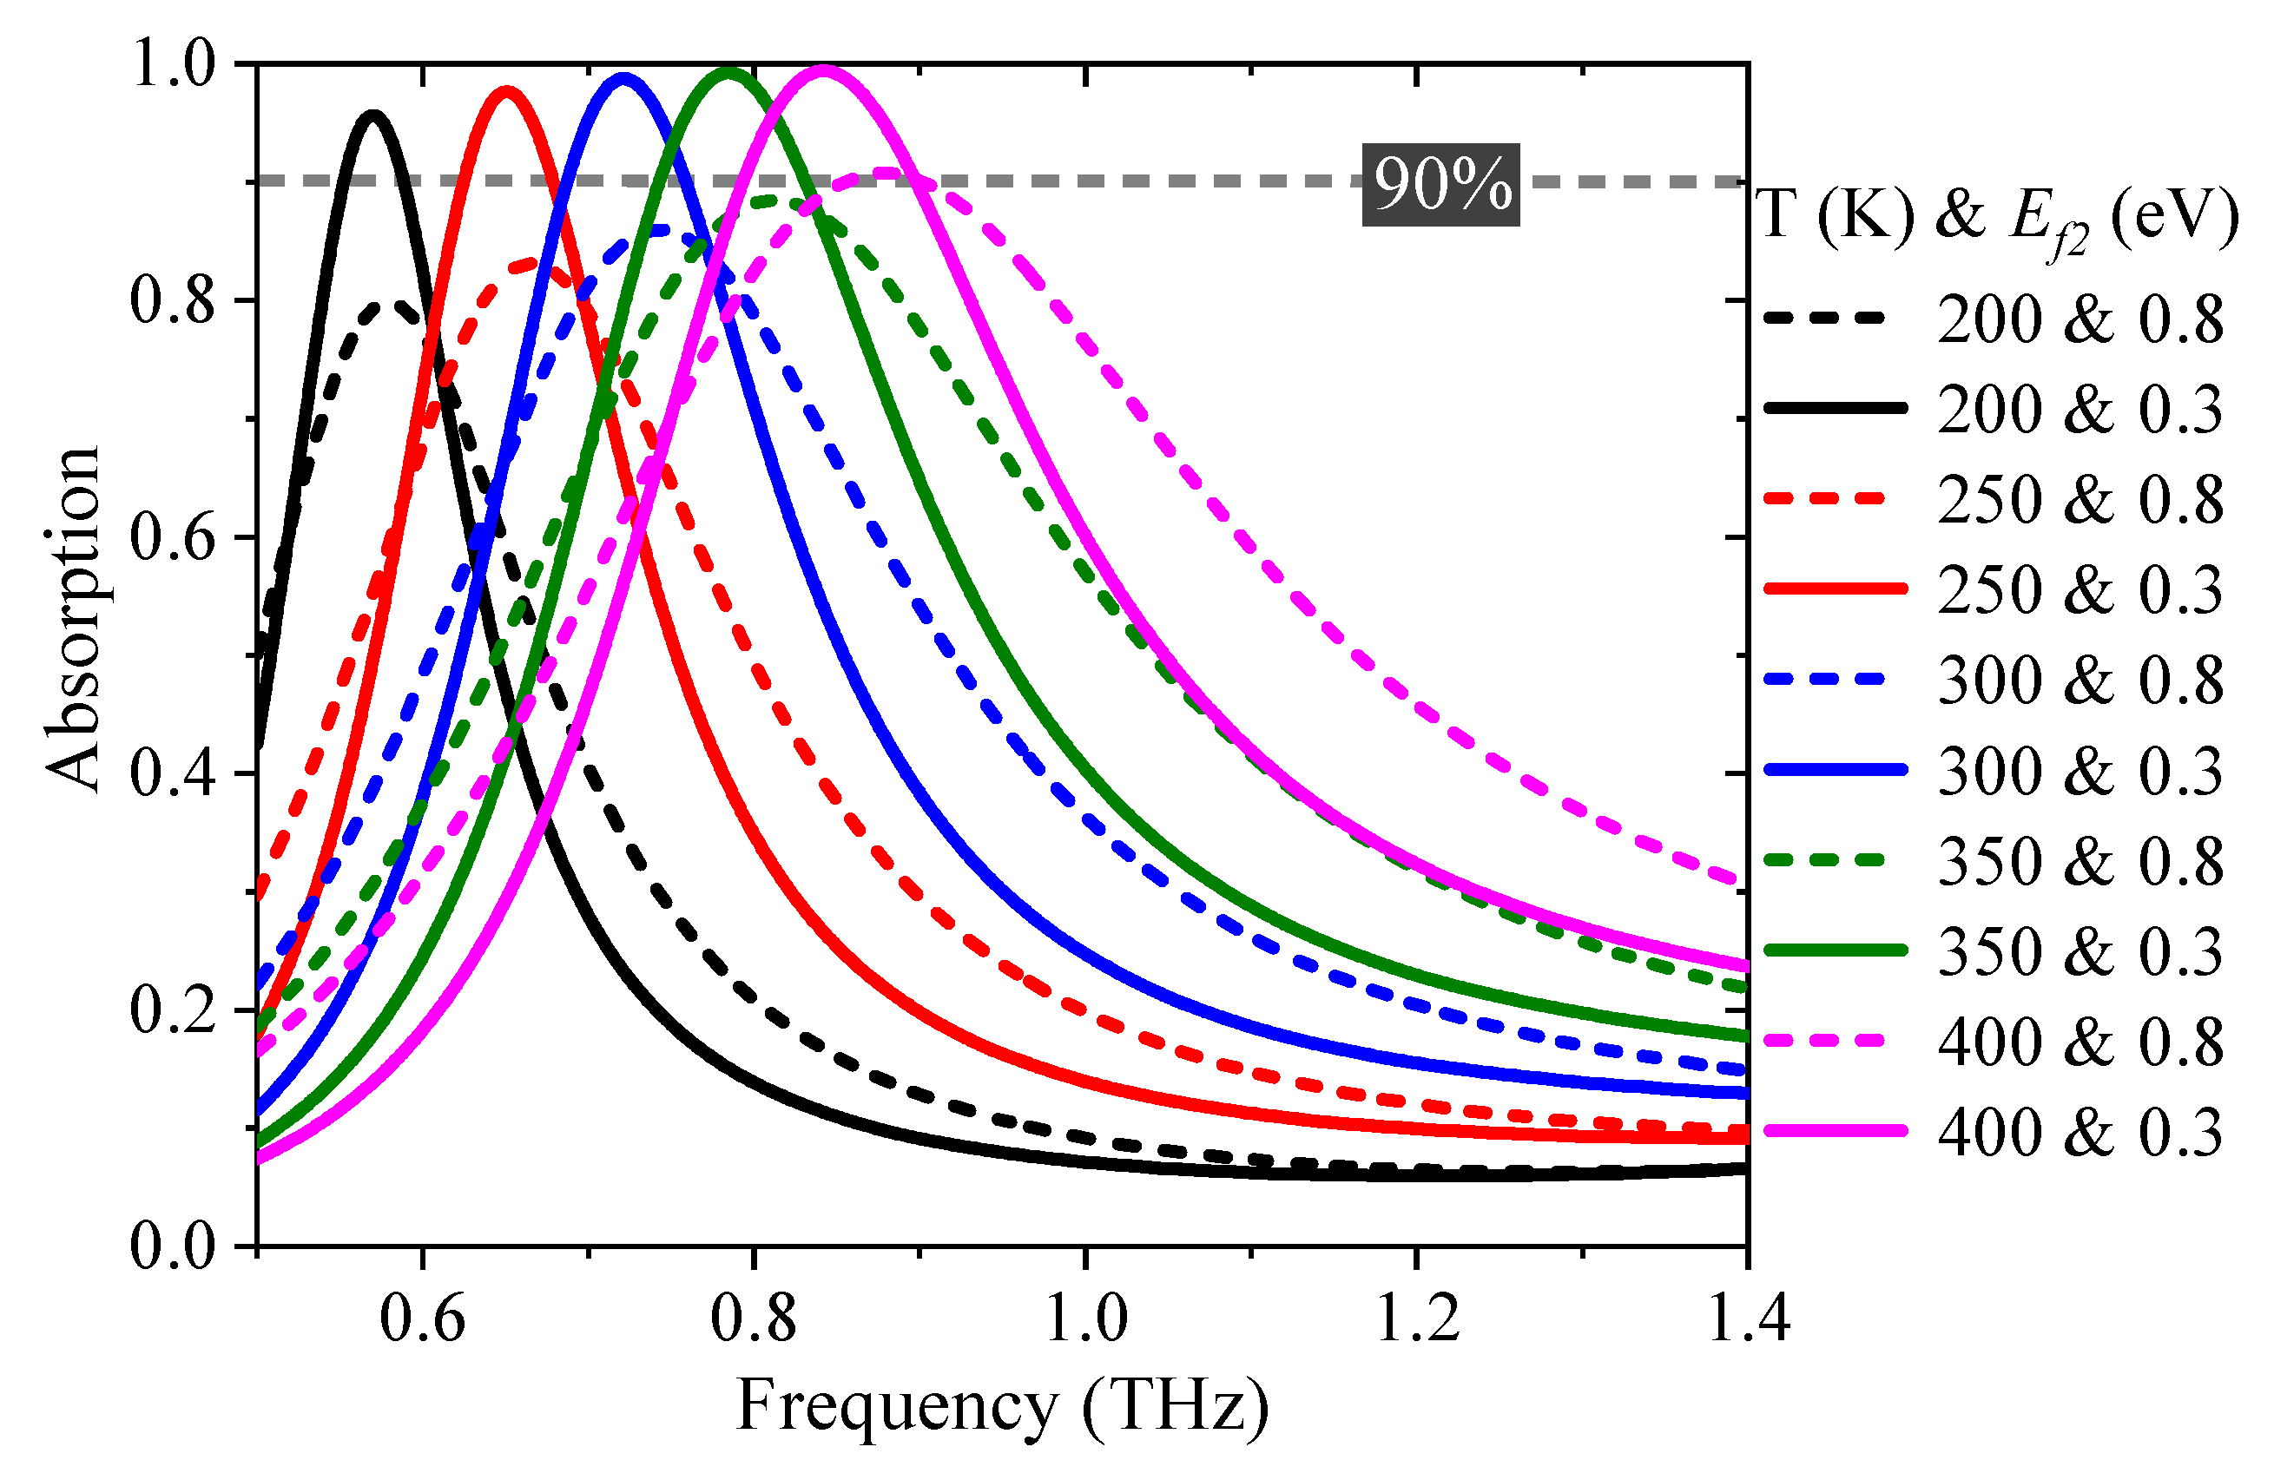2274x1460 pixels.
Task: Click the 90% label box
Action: tap(1440, 185)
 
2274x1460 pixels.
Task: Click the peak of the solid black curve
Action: tap(373, 115)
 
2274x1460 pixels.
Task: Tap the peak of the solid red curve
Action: tap(507, 92)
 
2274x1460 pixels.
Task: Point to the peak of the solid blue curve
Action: tap(623, 78)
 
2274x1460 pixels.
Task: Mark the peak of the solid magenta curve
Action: tap(824, 69)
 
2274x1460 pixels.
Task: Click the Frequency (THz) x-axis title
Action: tap(1002, 1405)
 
